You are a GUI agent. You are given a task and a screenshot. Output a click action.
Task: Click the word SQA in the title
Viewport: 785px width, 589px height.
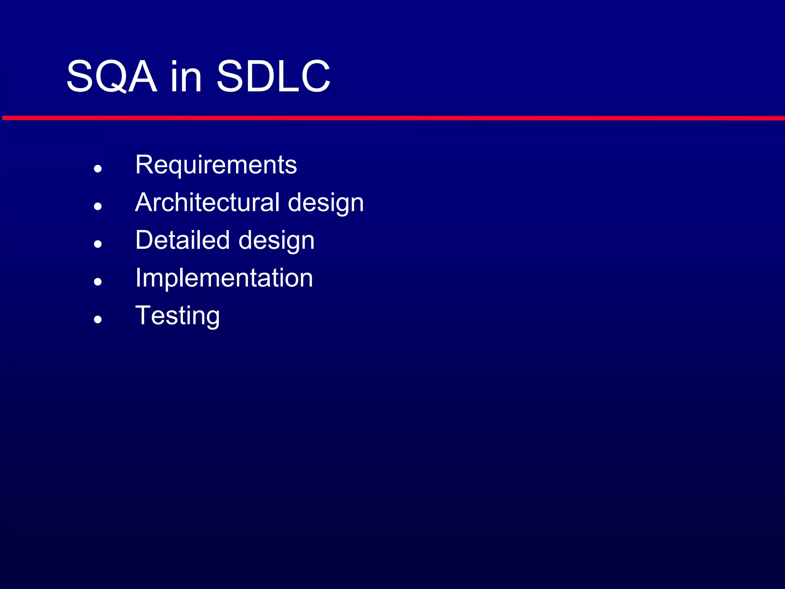[x=112, y=77]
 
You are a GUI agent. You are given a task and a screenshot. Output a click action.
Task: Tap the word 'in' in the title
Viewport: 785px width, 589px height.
[x=186, y=77]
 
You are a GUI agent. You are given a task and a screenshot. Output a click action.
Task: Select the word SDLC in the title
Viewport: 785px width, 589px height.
[x=273, y=77]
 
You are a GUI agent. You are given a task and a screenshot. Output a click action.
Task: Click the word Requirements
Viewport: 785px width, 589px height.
[x=216, y=165]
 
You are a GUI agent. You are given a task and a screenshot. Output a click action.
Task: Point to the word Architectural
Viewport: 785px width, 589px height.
[x=207, y=202]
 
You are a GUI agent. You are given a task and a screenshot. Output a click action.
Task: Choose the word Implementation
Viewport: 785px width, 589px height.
[x=224, y=278]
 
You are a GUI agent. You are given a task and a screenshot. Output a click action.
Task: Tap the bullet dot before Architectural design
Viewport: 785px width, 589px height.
[x=98, y=206]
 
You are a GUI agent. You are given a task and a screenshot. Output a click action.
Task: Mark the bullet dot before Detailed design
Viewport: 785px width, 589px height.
[x=98, y=244]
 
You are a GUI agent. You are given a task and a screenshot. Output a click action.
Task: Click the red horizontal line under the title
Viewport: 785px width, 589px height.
[x=392, y=118]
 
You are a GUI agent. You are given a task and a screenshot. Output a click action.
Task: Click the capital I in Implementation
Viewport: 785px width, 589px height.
[x=138, y=278]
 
